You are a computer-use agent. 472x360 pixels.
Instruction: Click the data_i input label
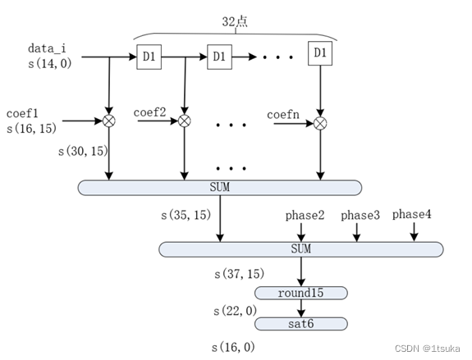coord(47,49)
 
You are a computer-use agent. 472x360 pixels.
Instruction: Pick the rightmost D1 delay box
coord(319,53)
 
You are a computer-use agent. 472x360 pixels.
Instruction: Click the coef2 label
coord(150,112)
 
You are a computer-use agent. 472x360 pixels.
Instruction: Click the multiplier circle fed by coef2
coord(184,121)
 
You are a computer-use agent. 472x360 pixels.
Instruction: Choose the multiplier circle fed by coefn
coord(320,123)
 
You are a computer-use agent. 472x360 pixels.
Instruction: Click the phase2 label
coord(305,216)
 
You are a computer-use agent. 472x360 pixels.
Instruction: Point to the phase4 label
coord(413,214)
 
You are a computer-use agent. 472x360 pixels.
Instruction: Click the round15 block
coord(301,294)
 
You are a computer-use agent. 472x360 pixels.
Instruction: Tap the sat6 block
coord(301,324)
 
